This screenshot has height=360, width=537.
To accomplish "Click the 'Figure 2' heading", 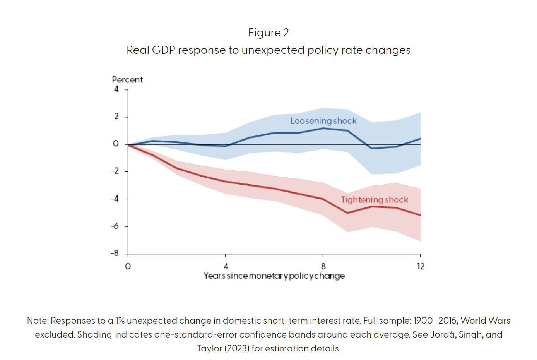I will tap(268, 33).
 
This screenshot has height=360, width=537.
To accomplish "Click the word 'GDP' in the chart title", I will tap(163, 50).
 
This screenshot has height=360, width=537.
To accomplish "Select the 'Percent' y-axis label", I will tap(127, 80).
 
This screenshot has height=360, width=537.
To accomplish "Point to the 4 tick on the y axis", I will tap(116, 89).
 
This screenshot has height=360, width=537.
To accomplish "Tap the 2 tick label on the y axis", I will tap(116, 117).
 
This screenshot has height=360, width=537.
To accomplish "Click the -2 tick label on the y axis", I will tap(115, 171).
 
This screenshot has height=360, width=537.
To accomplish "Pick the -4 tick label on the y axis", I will tap(115, 199).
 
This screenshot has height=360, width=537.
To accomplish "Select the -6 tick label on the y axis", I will tap(115, 226).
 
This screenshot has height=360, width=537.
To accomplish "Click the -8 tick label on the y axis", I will tap(115, 254).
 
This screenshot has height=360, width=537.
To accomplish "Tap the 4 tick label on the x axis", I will tap(226, 266).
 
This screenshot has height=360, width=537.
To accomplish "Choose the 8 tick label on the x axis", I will tap(323, 266).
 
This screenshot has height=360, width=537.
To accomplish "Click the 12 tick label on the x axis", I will tap(421, 266).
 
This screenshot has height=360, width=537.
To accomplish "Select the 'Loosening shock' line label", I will tap(323, 121).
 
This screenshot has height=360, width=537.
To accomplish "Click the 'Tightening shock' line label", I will tap(375, 200).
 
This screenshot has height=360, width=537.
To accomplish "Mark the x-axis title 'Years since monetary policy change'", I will tap(274, 276).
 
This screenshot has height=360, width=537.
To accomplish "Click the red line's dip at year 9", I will tap(347, 213).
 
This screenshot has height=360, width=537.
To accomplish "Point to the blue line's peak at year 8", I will tap(323, 128).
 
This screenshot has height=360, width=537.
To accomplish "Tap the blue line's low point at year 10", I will tap(372, 148).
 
